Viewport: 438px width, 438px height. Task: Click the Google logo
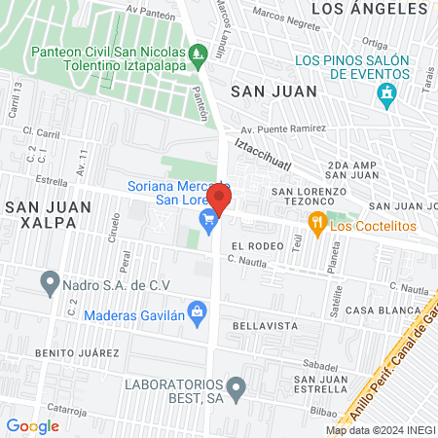pyautogui.click(x=32, y=425)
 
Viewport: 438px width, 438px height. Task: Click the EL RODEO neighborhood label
pyautogui.click(x=257, y=246)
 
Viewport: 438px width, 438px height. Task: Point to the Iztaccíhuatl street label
pyautogui.click(x=259, y=155)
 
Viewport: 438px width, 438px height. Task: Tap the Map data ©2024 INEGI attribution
pyautogui.click(x=380, y=429)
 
